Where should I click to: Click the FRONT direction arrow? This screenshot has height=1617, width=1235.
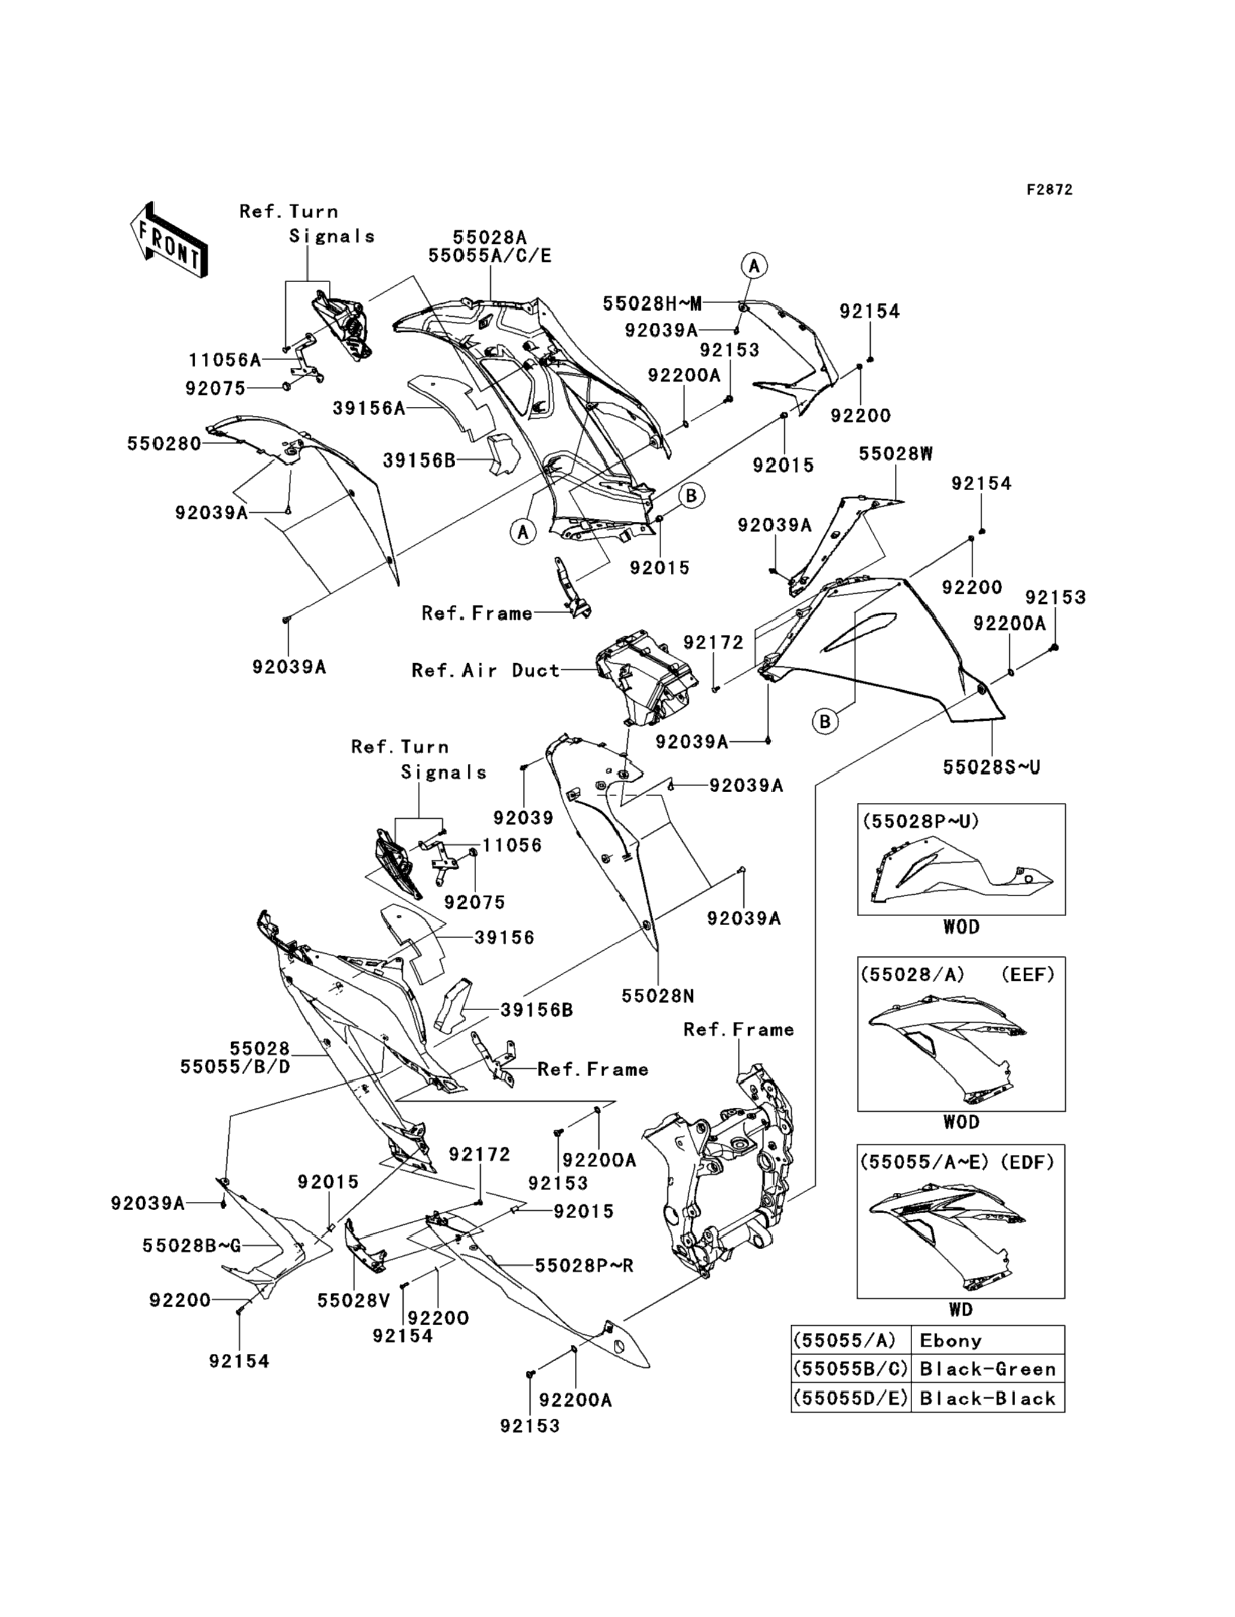click(x=168, y=240)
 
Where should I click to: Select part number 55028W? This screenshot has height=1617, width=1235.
click(x=895, y=454)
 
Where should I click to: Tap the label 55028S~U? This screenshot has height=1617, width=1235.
click(x=992, y=767)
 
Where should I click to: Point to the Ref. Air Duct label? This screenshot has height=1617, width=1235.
click(x=485, y=670)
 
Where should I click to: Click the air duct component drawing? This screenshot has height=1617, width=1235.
click(x=644, y=675)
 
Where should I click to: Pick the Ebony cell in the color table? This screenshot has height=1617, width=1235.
click(x=950, y=1341)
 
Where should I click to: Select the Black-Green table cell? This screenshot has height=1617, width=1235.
click(x=987, y=1369)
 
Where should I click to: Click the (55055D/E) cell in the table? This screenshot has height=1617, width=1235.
click(x=850, y=1398)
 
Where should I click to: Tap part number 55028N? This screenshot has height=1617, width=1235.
click(x=658, y=996)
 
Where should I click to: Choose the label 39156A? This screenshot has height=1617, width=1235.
click(x=369, y=408)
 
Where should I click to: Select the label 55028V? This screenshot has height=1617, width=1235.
click(x=353, y=1301)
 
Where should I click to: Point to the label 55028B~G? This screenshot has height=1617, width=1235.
click(x=192, y=1246)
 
